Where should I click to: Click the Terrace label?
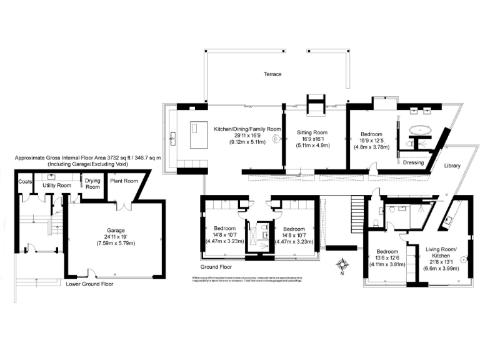[272, 74]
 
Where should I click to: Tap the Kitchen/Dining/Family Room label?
[247, 128]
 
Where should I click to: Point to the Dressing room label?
[413, 162]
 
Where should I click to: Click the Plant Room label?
[123, 182]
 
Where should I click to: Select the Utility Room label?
[56, 186]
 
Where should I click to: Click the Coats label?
[26, 182]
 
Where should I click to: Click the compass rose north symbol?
[341, 266]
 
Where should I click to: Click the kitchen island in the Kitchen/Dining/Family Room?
[199, 134]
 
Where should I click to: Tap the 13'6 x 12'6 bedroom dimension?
[388, 258]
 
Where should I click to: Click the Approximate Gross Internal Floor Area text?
[87, 158]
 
